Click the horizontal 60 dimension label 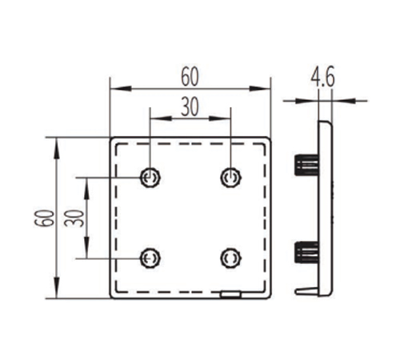190,77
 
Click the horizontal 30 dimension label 190,107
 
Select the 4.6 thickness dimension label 322,78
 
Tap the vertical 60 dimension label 44,218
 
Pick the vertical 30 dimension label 74,218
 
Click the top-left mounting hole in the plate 150,178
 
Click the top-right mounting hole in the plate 230,178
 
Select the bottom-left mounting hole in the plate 150,258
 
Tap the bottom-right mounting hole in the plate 230,258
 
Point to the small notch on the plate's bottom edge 230,294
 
